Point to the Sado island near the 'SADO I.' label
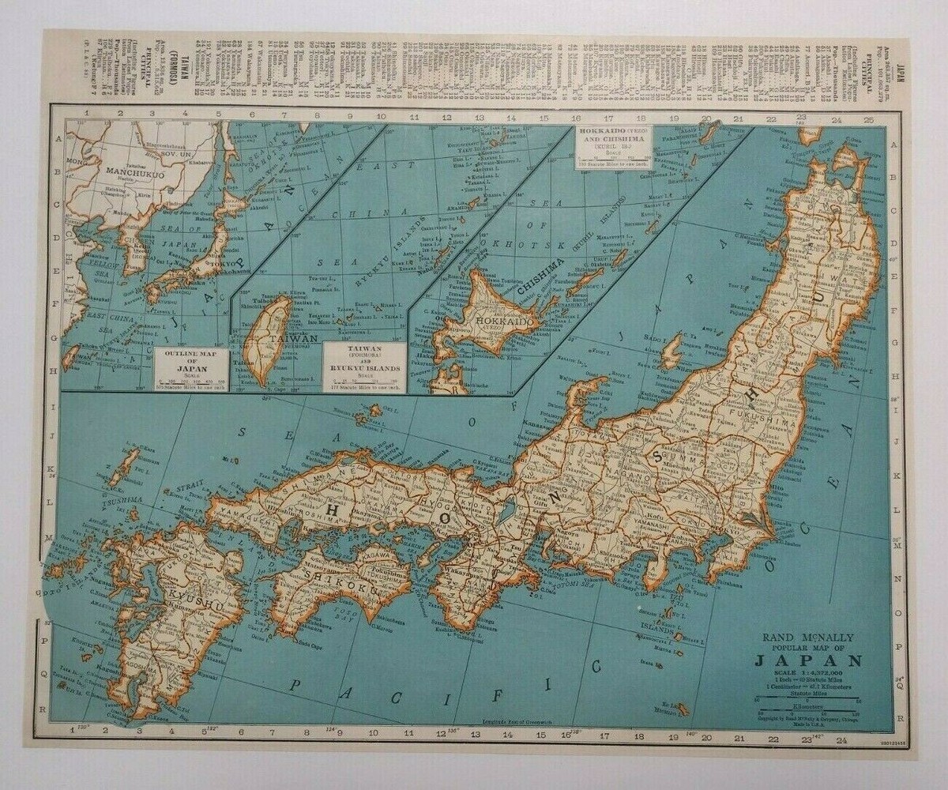tap(671, 351)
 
